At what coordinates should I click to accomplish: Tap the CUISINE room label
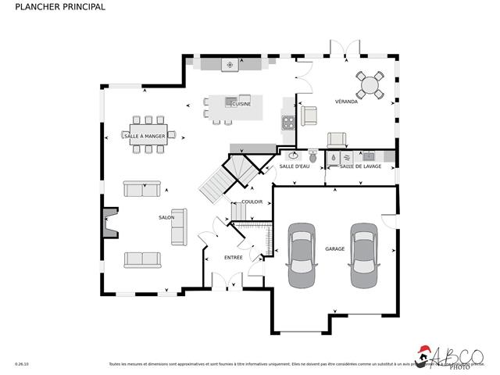(241, 104)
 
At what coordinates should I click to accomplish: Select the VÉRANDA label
(346, 102)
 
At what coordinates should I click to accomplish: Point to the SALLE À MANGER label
(145, 136)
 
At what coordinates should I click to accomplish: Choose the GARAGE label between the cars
(335, 249)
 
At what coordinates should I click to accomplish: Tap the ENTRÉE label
(233, 257)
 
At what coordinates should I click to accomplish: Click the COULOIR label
(252, 202)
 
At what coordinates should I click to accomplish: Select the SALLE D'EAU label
(295, 166)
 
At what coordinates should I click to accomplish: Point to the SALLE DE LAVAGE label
(360, 166)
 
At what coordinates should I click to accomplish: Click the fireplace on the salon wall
(109, 222)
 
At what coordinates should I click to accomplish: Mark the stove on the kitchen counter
(287, 122)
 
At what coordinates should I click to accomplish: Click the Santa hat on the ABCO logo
(424, 351)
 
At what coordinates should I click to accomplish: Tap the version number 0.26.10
(22, 364)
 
